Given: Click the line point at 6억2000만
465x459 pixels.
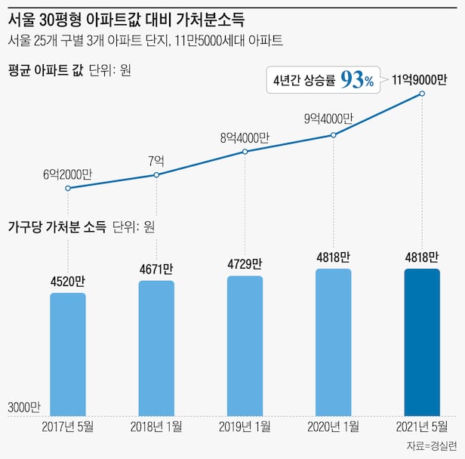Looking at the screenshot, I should tap(68, 188).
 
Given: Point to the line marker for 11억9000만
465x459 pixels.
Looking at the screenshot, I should tap(422, 94).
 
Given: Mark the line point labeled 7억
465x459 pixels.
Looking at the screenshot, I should tap(156, 175).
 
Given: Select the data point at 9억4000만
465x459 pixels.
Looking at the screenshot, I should tap(333, 135).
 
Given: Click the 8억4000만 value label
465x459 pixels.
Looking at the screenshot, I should tap(245, 138).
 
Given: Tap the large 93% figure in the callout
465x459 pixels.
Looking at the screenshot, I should tap(356, 80).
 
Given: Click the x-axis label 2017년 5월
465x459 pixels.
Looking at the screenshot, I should tap(68, 427).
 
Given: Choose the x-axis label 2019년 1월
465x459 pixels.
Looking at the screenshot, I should tap(245, 427).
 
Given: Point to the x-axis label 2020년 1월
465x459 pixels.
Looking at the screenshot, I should tap(333, 427).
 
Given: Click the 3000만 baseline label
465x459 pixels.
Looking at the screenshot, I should tap(24, 407).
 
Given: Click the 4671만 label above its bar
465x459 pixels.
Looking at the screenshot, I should tap(156, 268).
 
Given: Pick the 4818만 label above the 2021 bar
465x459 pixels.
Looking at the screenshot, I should tap(421, 256).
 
